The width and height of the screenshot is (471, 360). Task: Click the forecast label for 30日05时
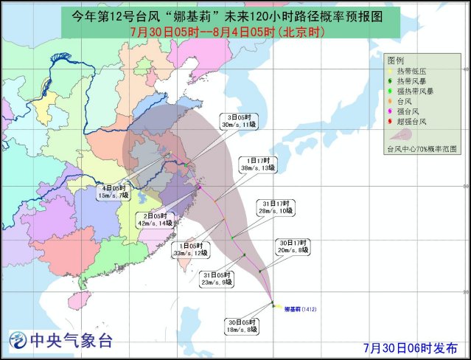click(242, 325)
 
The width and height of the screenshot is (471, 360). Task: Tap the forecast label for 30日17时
click(293, 246)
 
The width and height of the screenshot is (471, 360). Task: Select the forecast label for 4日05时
click(116, 192)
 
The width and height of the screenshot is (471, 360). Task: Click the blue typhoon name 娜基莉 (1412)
click(304, 309)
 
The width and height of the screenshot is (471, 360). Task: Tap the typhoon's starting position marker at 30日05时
click(273, 304)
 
